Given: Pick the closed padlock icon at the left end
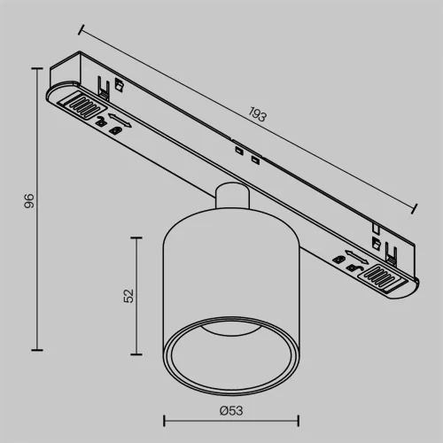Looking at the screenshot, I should click(x=115, y=131).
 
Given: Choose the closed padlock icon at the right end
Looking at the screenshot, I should click(x=338, y=259).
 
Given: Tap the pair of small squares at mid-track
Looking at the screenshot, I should click(x=246, y=157).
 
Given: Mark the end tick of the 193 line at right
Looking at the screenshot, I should click(x=416, y=210).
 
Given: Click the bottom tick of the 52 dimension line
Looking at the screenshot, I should click(x=137, y=355).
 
